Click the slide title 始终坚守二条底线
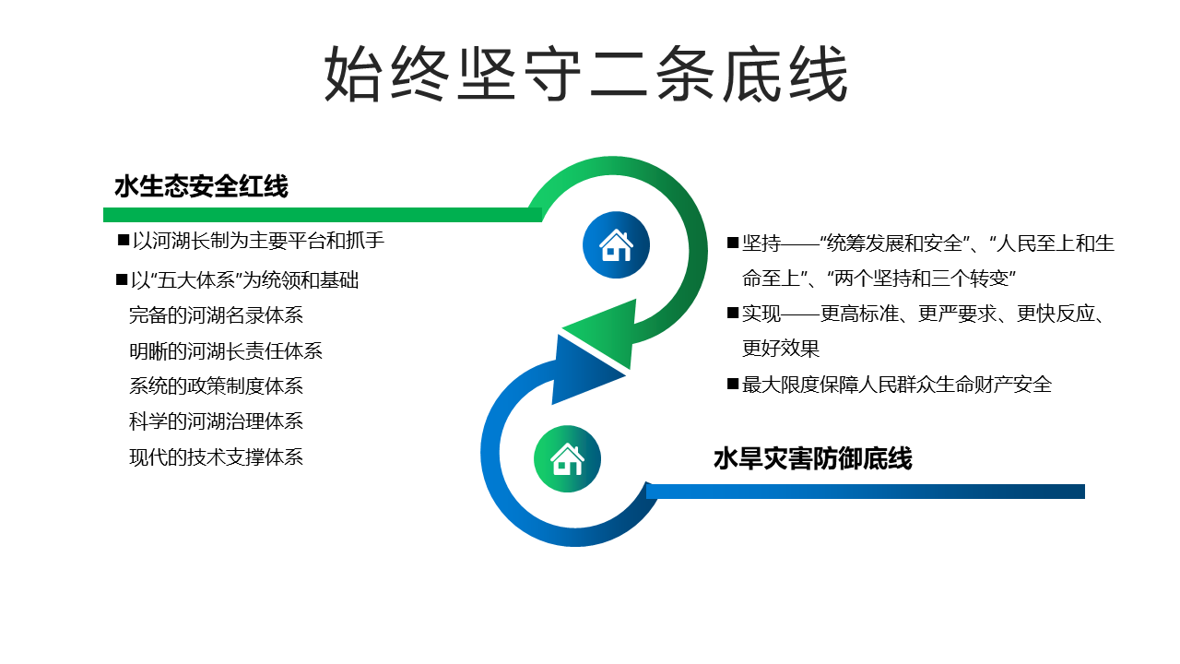point(585,73)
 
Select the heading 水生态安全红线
point(201,186)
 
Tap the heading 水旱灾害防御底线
point(813,458)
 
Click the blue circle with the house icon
point(616,245)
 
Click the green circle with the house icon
point(567,459)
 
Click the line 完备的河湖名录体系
point(216,315)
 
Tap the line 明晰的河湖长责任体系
point(226,351)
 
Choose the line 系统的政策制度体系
point(216,386)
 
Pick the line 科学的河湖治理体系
point(216,421)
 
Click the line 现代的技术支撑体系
point(216,456)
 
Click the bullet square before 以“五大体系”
point(122,279)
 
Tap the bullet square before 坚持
point(733,243)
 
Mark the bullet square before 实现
point(733,313)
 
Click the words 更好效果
point(781,349)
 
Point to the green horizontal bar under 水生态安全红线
point(323,215)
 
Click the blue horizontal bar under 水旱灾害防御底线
point(866,492)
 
